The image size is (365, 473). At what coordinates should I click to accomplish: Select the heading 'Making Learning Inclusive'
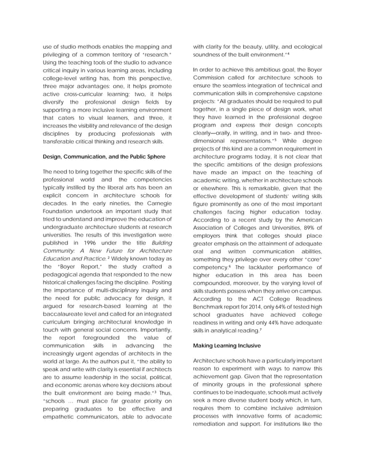point(227,346)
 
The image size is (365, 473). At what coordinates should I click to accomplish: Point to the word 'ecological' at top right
point(306,46)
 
